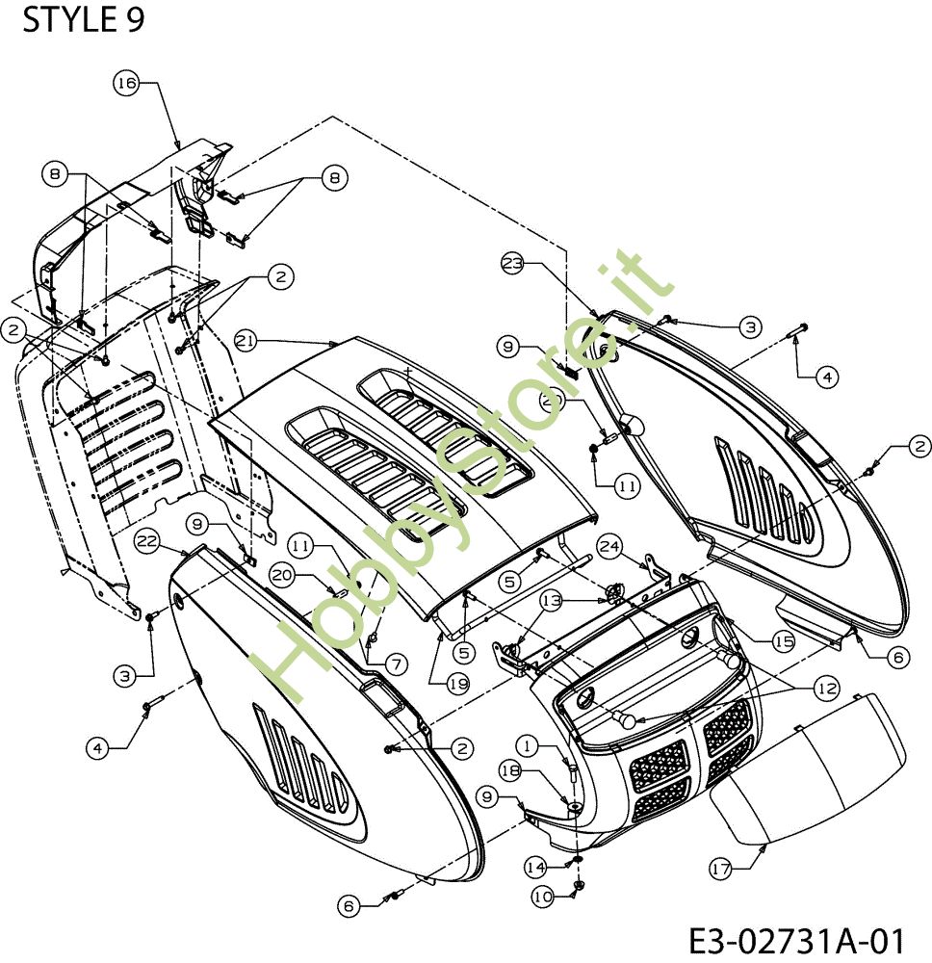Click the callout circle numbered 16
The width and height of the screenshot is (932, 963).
[x=126, y=82]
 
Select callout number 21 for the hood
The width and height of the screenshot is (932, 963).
[x=246, y=341]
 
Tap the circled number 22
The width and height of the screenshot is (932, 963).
[x=148, y=541]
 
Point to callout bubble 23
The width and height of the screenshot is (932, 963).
[x=513, y=264]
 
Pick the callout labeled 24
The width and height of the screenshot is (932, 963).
[x=609, y=547]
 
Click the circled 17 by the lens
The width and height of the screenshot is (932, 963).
[x=721, y=869]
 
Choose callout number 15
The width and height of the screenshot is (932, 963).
[x=783, y=641]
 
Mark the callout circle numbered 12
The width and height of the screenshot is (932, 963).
[x=827, y=689]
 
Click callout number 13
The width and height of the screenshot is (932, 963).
[x=552, y=601]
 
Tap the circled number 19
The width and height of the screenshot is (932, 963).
[x=458, y=684]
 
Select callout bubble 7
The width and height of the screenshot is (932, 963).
[x=396, y=664]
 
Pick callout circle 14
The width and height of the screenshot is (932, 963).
[x=536, y=868]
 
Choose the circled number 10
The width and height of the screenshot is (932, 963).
[x=543, y=898]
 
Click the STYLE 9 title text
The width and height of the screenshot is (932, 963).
[x=84, y=19]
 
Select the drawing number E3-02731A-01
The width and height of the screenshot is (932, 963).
[x=796, y=941]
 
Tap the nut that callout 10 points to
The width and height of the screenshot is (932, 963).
[x=578, y=885]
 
